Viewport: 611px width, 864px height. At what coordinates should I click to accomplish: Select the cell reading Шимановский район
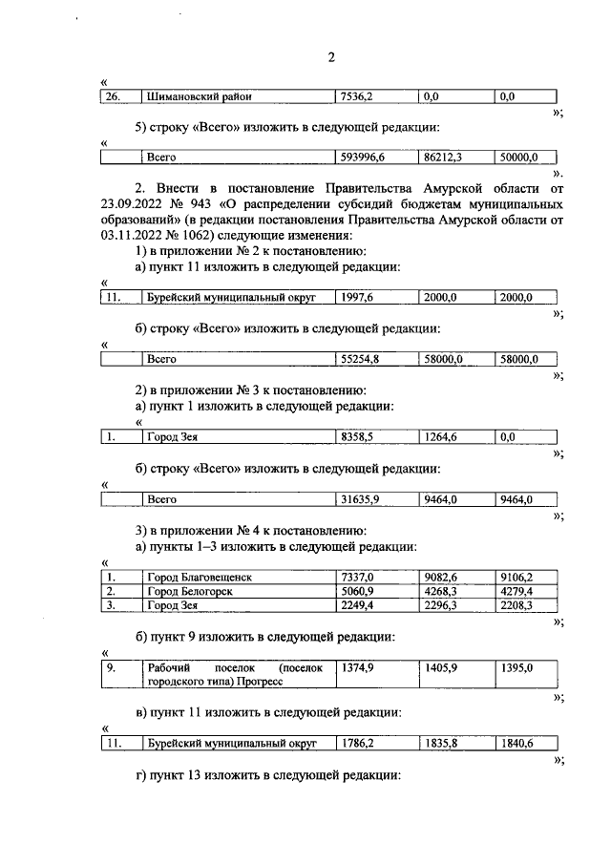click(x=190, y=96)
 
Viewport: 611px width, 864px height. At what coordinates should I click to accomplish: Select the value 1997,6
click(x=356, y=298)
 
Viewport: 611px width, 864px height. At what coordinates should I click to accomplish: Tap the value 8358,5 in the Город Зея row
click(x=356, y=437)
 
